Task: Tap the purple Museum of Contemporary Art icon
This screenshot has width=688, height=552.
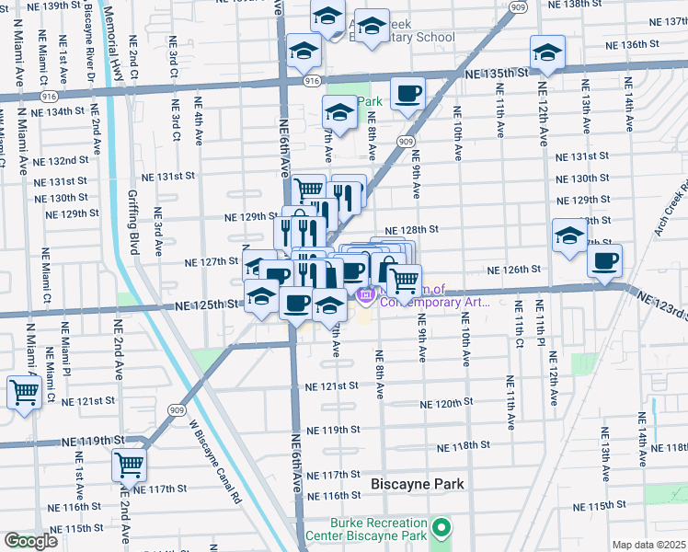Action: point(364,295)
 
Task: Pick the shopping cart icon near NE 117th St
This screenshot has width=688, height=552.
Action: point(130,464)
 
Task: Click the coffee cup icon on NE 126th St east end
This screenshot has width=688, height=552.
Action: point(604,260)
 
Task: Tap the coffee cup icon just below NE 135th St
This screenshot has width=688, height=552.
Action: point(407,92)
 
